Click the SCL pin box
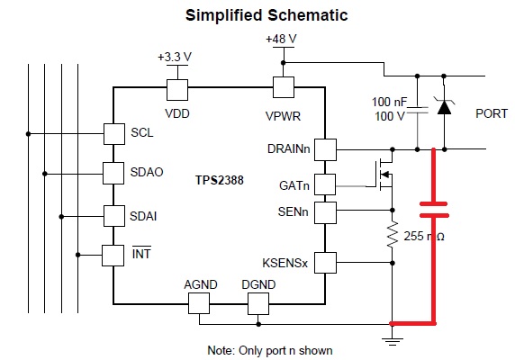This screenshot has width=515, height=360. point(114,134)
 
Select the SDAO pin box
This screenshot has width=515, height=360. point(113,173)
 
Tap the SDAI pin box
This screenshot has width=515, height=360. point(114,216)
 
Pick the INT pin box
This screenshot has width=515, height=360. point(113,256)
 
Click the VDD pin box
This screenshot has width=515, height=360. point(177,90)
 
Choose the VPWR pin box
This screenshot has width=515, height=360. point(284,87)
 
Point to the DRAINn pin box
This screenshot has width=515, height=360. point(325,149)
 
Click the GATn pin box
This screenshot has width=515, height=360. point(325,184)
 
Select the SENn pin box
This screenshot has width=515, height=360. point(325,212)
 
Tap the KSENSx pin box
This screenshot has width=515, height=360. point(325,263)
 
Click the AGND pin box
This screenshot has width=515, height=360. point(199,303)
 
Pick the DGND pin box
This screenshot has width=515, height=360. point(258,303)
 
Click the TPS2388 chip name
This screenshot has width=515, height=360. point(220,180)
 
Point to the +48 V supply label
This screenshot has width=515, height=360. point(281,39)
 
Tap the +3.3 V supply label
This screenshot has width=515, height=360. point(175,57)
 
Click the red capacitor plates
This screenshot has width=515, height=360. point(434,210)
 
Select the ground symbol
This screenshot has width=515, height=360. point(393,341)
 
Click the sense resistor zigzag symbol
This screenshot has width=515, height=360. point(393,234)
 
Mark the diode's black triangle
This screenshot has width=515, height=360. point(444,107)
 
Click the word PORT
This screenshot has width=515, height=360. point(492,114)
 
